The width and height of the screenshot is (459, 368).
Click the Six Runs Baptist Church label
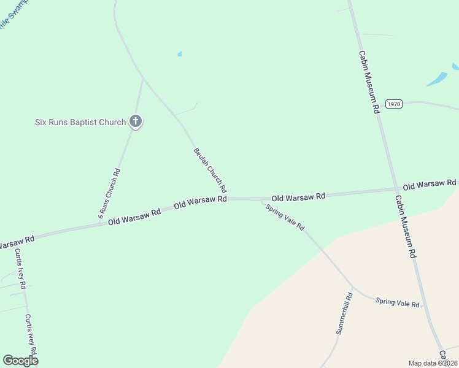80,122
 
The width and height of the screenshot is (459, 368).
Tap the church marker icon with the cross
136,121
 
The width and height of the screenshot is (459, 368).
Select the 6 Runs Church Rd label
109,194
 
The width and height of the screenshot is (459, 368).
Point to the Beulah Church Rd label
210,170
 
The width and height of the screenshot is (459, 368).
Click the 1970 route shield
394,104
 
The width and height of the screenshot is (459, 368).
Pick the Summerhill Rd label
345,313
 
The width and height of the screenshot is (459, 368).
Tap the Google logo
20,361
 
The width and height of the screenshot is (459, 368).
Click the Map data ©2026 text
433,363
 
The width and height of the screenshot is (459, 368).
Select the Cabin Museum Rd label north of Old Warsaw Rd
368,82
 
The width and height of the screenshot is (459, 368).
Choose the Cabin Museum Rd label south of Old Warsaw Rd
406,226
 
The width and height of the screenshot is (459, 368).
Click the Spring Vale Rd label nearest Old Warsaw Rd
285,217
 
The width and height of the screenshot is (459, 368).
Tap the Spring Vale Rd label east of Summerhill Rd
397,303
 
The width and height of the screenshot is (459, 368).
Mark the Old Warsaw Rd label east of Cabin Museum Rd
430,184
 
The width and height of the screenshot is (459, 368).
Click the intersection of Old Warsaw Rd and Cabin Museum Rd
396,189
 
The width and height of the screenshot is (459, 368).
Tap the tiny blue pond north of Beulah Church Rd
179,54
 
